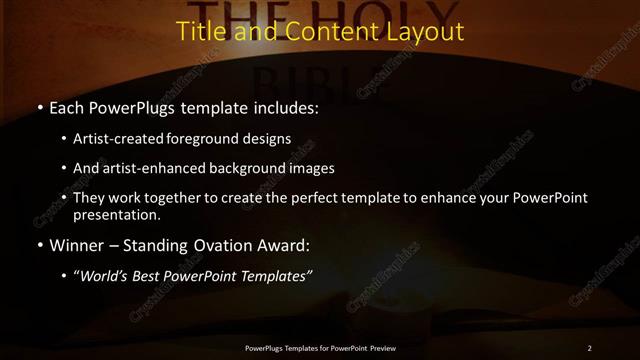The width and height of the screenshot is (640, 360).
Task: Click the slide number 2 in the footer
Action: [589, 347]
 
